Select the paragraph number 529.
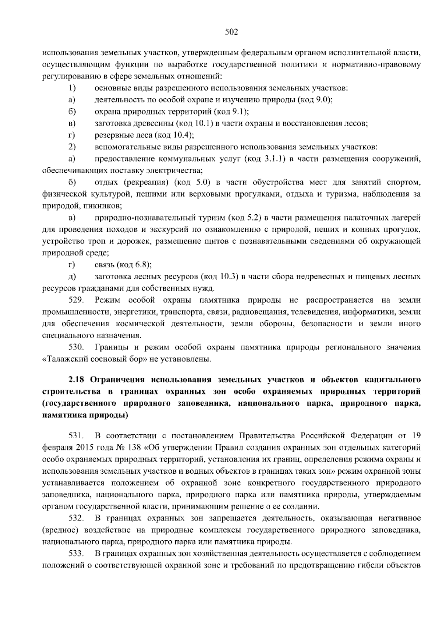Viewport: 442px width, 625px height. pos(77,300)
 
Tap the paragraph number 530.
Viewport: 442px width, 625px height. pos(77,347)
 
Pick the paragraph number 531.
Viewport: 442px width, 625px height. pos(77,436)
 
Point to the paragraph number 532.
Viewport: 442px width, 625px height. pos(77,519)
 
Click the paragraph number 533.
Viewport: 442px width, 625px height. pos(77,554)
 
